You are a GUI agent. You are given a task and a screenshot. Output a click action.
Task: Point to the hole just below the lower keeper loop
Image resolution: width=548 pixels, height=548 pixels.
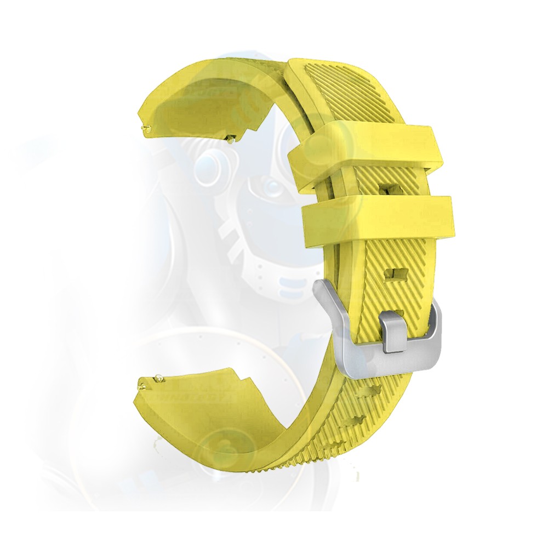pyautogui.click(x=395, y=273)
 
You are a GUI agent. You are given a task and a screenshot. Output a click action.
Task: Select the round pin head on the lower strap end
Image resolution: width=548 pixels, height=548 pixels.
pyautogui.click(x=158, y=377)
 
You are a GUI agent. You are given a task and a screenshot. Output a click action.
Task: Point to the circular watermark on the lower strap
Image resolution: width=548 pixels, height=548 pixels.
pyautogui.click(x=225, y=444)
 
